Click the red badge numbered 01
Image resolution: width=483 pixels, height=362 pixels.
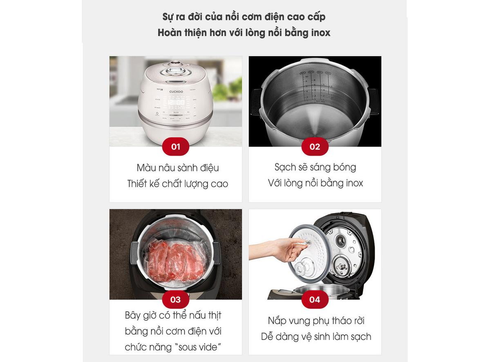(175, 147)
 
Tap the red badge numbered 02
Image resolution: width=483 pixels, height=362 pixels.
(315, 147)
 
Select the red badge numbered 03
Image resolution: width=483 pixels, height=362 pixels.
(175, 299)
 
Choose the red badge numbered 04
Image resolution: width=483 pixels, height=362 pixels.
(315, 299)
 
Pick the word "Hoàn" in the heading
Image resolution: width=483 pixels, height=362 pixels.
(169, 33)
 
